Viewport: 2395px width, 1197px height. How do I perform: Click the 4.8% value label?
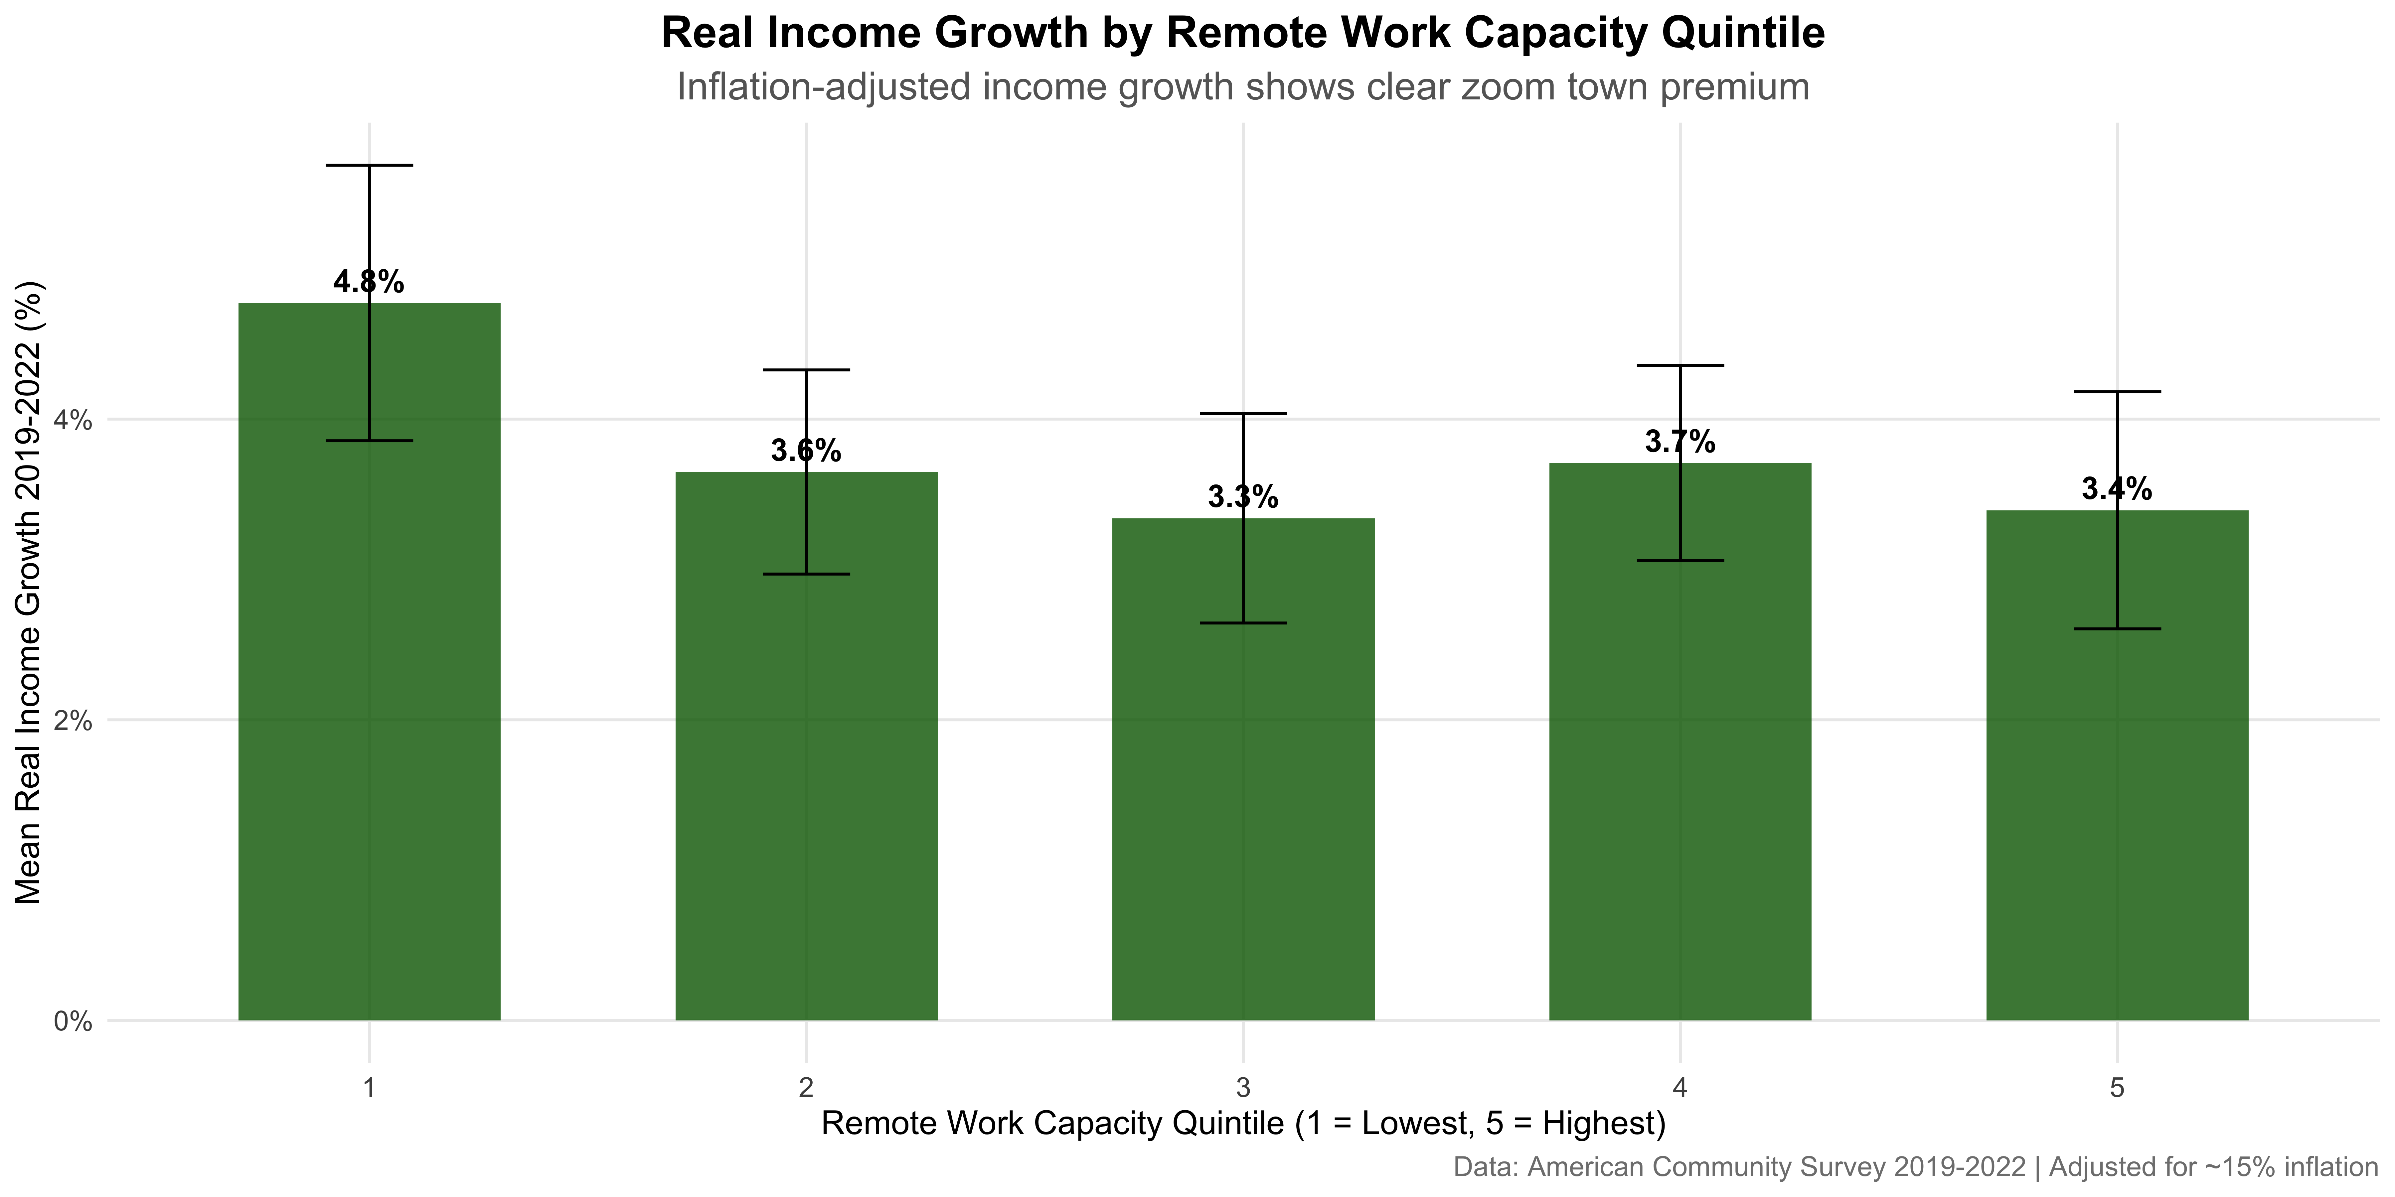369,282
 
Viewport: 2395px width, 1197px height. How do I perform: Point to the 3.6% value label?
806,452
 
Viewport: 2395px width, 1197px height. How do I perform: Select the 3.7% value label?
1680,442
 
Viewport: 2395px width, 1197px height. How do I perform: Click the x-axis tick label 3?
1243,1087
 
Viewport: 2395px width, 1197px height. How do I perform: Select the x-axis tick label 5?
2117,1087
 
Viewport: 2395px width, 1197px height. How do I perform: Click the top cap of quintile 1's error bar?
369,166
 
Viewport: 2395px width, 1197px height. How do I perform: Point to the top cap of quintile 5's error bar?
2117,392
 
